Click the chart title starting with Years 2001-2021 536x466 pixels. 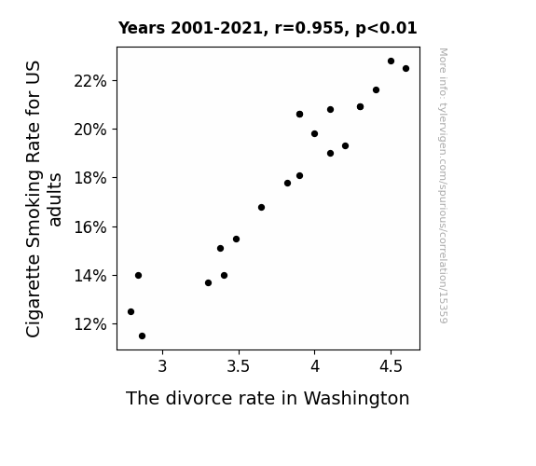coord(268,28)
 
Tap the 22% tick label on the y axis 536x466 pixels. coord(90,81)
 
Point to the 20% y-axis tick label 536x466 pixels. coord(90,130)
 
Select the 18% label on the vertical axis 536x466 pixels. coord(90,178)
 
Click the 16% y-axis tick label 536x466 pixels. coord(90,227)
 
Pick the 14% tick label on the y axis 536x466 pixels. coord(90,276)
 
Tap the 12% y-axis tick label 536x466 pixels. coord(90,324)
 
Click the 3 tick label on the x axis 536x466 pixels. coord(162,366)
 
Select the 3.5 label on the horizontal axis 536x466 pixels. coord(239,366)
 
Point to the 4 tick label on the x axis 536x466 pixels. coord(315,366)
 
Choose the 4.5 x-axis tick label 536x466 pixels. coord(392,366)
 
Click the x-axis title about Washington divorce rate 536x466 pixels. coord(268,399)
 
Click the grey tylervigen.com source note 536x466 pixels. coord(444,185)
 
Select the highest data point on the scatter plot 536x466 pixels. coord(392,62)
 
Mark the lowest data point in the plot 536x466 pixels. coord(143,336)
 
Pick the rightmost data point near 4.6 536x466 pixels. coord(405,69)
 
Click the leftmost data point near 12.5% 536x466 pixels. coord(131,312)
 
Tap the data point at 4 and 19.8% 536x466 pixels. coord(314,133)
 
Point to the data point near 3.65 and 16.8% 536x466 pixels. coord(262,208)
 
